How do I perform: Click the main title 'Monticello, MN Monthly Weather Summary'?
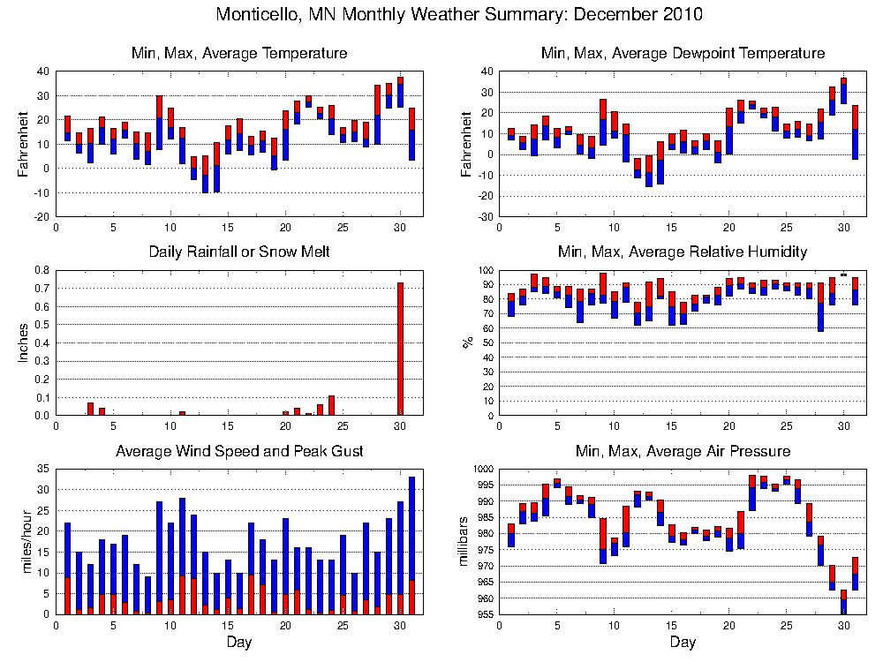(x=459, y=15)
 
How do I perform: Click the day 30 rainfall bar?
(x=400, y=349)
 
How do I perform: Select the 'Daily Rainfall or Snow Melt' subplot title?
(x=239, y=252)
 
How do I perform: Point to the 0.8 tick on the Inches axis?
(x=42, y=270)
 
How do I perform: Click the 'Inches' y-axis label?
(x=24, y=342)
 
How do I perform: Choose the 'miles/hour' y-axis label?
(x=24, y=542)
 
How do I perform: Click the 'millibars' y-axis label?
(x=465, y=542)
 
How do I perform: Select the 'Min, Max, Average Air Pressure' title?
(x=683, y=452)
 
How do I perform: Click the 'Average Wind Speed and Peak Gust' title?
(x=239, y=452)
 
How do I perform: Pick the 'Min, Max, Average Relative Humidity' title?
(x=683, y=252)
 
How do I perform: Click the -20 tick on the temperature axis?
(x=42, y=216)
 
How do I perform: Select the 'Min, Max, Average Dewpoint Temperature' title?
(x=683, y=54)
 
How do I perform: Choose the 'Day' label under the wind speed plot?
(x=239, y=642)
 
